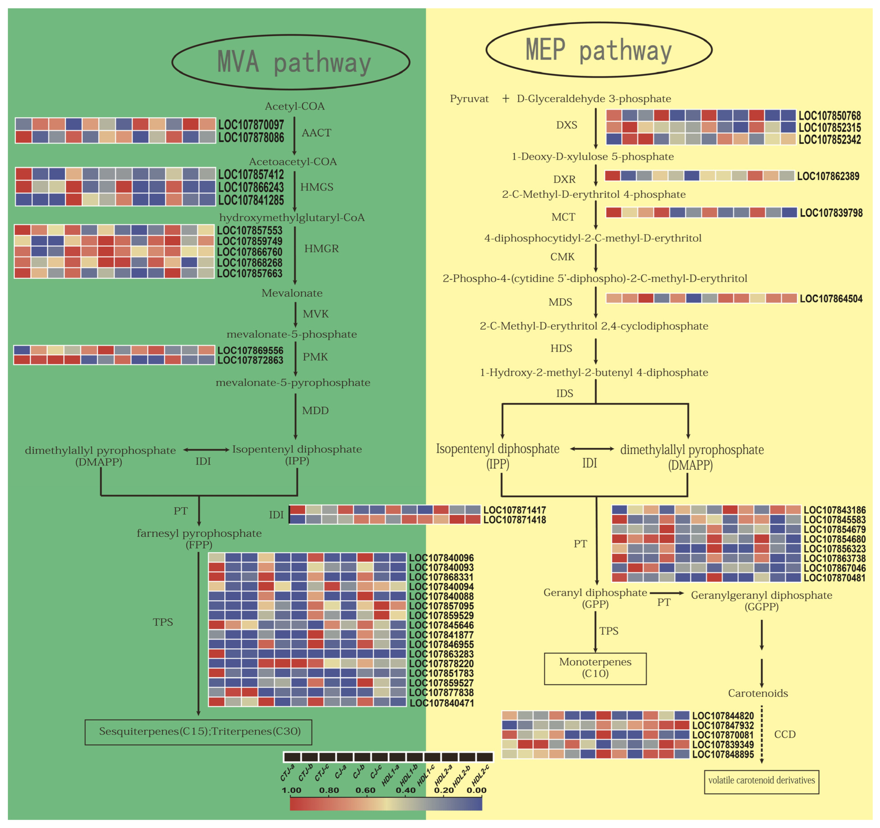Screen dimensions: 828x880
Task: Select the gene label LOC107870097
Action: tap(251, 125)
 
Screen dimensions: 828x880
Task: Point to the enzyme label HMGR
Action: tap(321, 249)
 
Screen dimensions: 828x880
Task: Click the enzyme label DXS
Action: tap(567, 125)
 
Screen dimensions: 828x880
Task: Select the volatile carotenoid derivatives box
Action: tap(761, 780)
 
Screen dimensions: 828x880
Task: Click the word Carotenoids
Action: tap(758, 693)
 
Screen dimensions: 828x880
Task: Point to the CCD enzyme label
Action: tap(785, 734)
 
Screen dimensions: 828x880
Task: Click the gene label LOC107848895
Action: tap(723, 754)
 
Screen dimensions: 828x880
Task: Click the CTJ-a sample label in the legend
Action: tap(288, 773)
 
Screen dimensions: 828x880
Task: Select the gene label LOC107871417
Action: tap(514, 510)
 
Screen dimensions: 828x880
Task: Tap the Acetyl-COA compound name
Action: tap(294, 106)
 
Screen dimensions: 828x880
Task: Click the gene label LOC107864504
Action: tap(831, 299)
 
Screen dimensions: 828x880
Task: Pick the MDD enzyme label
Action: tap(315, 411)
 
